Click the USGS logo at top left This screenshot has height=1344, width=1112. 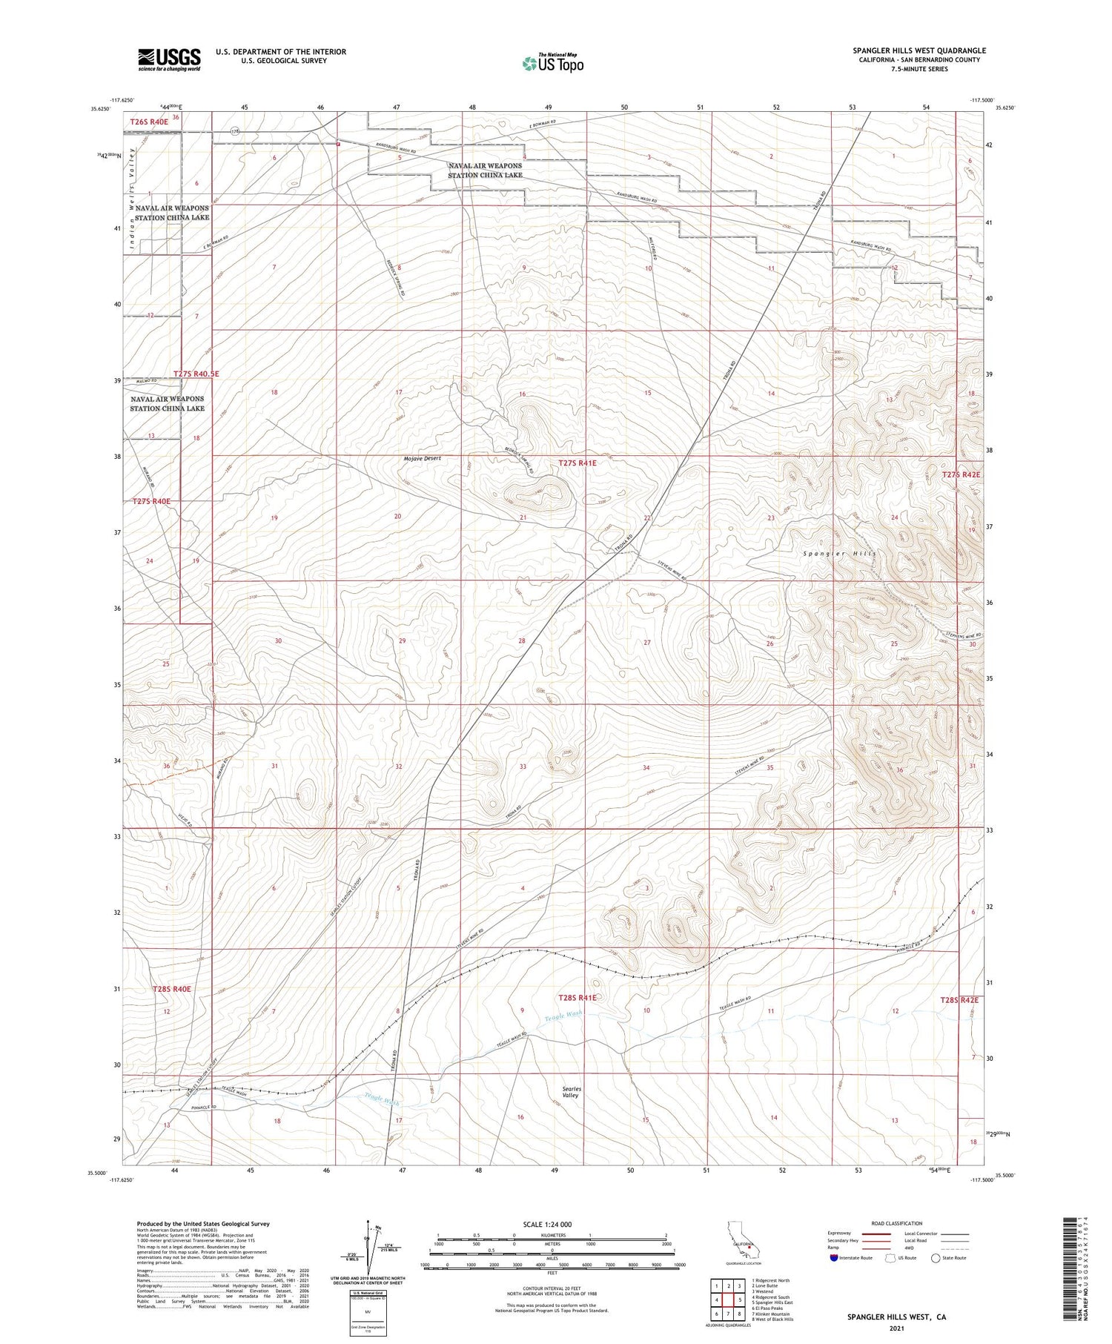pos(169,59)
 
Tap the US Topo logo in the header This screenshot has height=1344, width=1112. pos(552,64)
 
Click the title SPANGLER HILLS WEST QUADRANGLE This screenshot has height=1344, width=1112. pos(919,50)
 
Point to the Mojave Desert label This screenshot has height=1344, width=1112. pos(422,458)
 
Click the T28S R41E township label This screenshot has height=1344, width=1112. pos(577,998)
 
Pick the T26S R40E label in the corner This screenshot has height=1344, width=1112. pos(148,122)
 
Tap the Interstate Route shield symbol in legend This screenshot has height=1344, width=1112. pos(834,1258)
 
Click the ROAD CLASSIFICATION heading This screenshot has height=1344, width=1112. pos(897,1223)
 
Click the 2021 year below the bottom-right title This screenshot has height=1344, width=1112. pos(896,1328)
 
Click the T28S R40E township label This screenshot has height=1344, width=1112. pos(172,989)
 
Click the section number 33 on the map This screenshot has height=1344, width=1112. pos(523,767)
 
